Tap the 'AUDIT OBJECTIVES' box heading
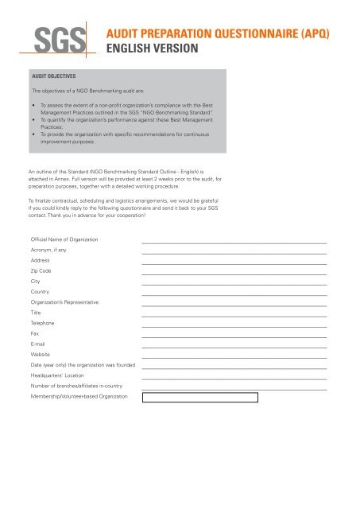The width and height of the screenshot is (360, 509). tap(52, 76)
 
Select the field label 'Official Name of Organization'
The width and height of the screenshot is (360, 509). tap(64, 239)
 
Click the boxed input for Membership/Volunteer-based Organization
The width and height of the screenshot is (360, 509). tap(199, 397)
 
